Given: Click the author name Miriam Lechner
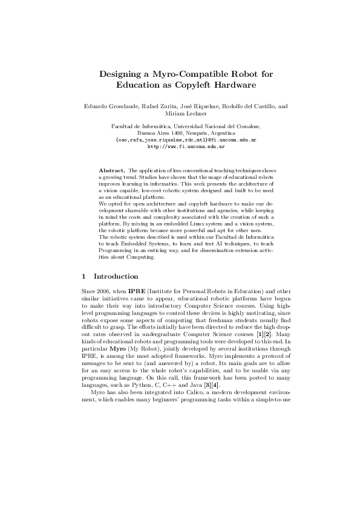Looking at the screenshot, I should [x=180, y=113].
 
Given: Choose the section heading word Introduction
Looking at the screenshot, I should [x=118, y=276].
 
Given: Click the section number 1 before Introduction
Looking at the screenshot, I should [x=83, y=276].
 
